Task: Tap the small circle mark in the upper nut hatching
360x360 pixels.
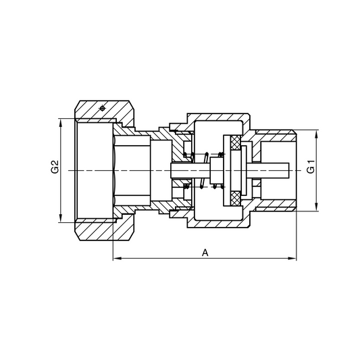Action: tap(101, 109)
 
